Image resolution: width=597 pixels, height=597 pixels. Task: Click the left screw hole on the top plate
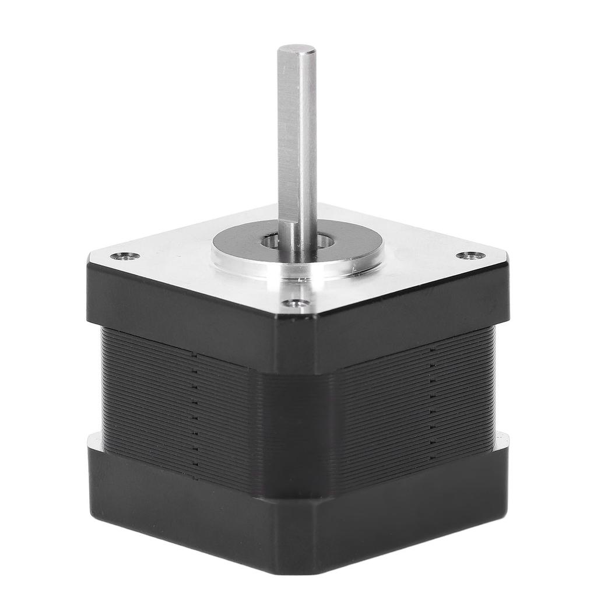tap(125, 255)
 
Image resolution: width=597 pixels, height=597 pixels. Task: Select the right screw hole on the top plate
tap(470, 255)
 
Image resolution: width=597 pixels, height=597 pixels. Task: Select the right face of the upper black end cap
tap(408, 318)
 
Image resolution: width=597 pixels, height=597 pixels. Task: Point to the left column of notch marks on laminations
tap(195, 408)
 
